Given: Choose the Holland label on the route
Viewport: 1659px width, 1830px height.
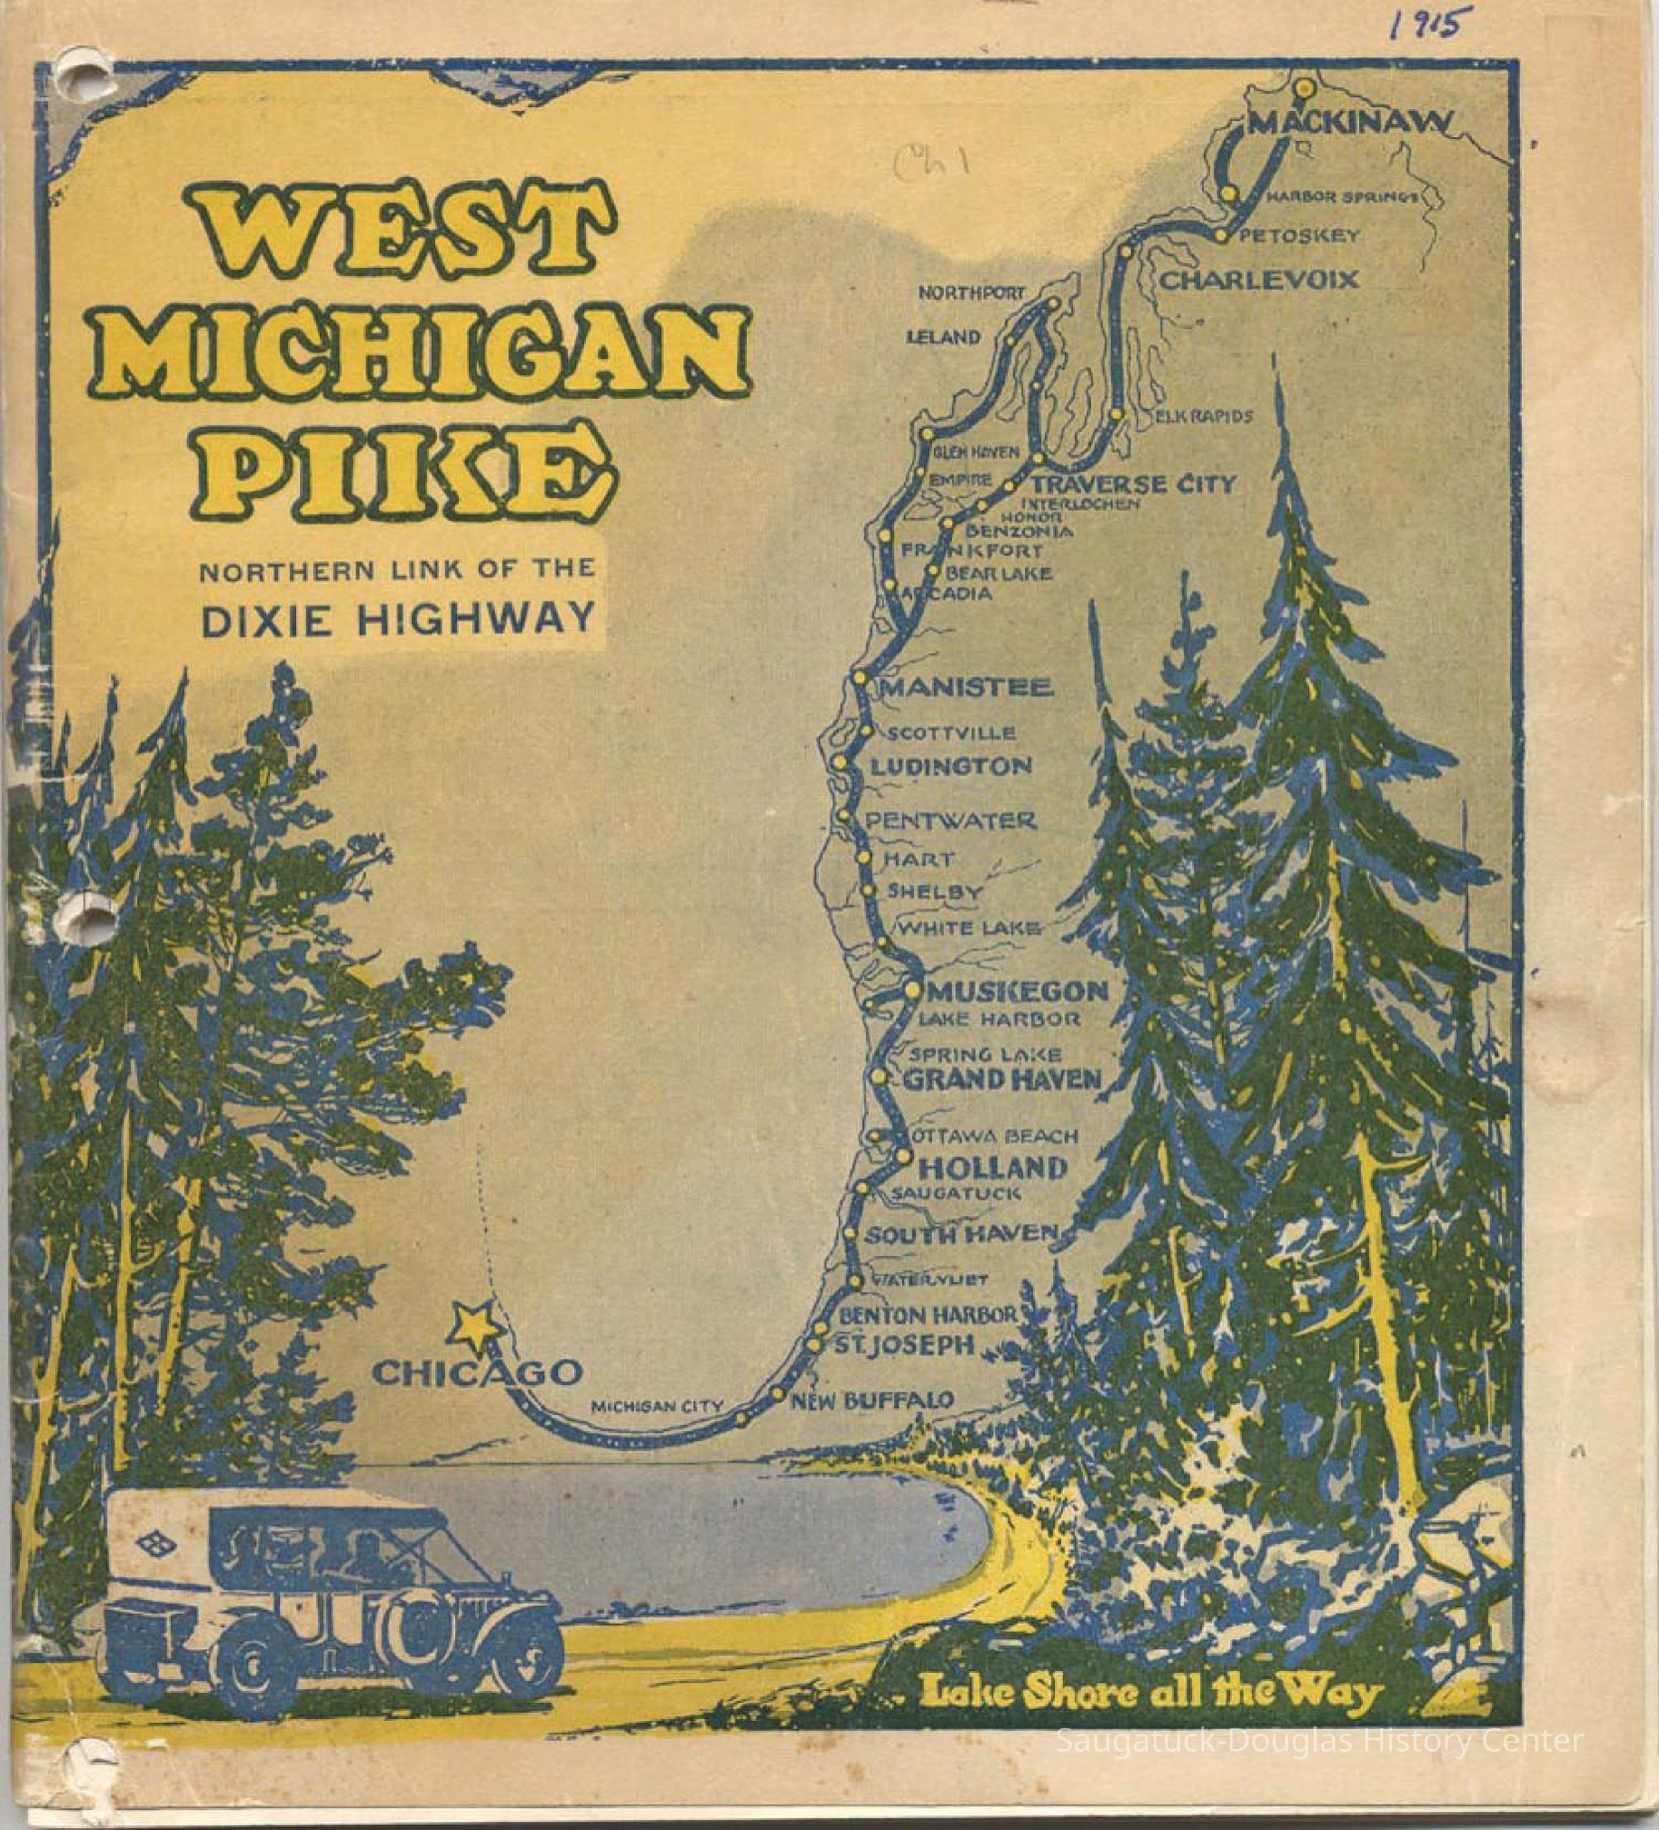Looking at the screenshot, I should click(993, 1167).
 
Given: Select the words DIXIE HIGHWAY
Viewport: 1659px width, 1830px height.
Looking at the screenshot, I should click(397, 621).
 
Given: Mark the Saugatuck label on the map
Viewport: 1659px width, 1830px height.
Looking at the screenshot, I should click(955, 1194).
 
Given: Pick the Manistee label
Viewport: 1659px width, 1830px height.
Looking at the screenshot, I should click(966, 687).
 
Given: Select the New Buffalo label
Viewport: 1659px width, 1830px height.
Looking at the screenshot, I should click(872, 1400).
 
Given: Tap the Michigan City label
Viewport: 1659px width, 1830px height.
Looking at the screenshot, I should click(657, 1408).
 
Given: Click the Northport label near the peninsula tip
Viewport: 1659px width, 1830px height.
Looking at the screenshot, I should click(971, 293).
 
